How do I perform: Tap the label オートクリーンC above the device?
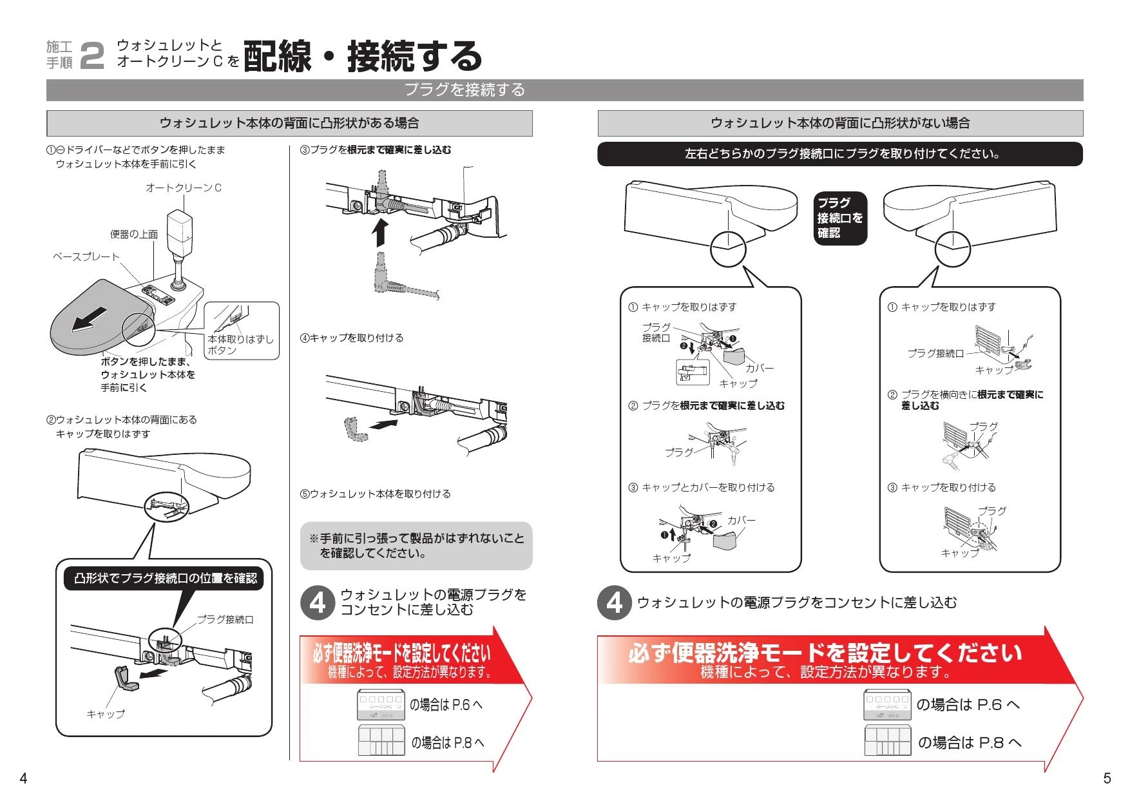[x=184, y=188]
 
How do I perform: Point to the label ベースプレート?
[x=86, y=256]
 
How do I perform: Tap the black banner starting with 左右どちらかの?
[x=839, y=155]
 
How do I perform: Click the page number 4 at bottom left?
[x=23, y=778]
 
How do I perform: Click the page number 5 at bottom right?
[x=1107, y=778]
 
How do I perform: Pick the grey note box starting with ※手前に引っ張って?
[x=416, y=546]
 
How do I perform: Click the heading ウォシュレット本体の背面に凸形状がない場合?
[x=839, y=123]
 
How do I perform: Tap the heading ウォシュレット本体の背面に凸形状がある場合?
[x=289, y=123]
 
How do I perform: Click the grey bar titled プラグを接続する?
[x=464, y=90]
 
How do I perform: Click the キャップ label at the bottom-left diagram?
[x=106, y=714]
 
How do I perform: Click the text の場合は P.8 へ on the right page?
[x=969, y=742]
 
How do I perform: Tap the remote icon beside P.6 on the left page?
[x=381, y=705]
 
